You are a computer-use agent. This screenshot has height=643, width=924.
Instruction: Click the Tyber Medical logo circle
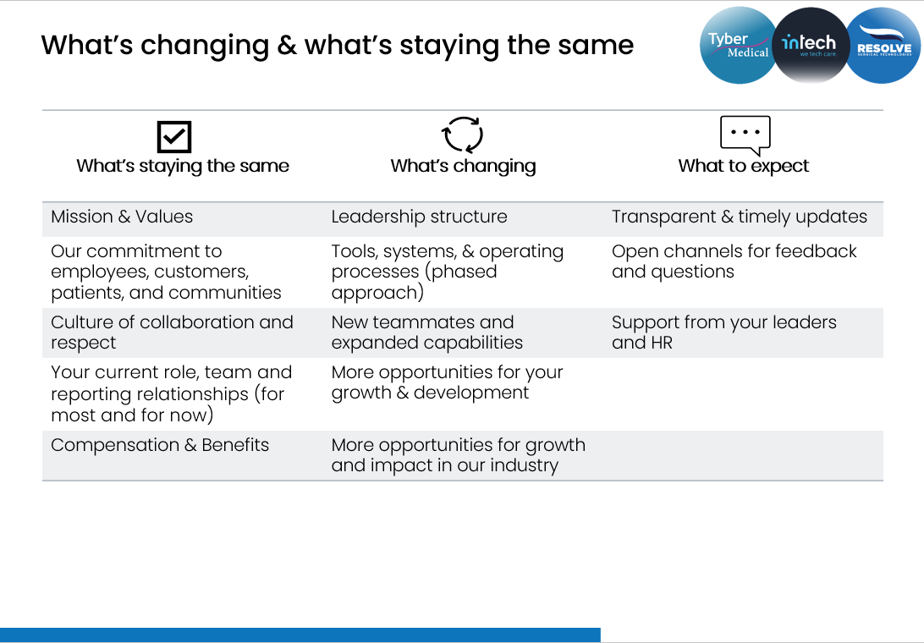point(739,46)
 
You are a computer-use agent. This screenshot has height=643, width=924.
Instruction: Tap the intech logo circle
point(811,46)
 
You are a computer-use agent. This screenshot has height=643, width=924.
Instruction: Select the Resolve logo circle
point(883,46)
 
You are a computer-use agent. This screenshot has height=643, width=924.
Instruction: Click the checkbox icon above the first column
point(174,137)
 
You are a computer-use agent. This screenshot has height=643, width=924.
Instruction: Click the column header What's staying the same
point(183,166)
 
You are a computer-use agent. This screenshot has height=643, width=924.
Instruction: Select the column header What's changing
point(463,166)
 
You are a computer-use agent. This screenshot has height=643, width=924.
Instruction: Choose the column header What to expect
point(744,166)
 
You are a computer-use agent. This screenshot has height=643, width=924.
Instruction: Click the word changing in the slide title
point(205,46)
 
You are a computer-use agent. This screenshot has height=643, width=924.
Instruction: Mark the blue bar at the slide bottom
point(300,635)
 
